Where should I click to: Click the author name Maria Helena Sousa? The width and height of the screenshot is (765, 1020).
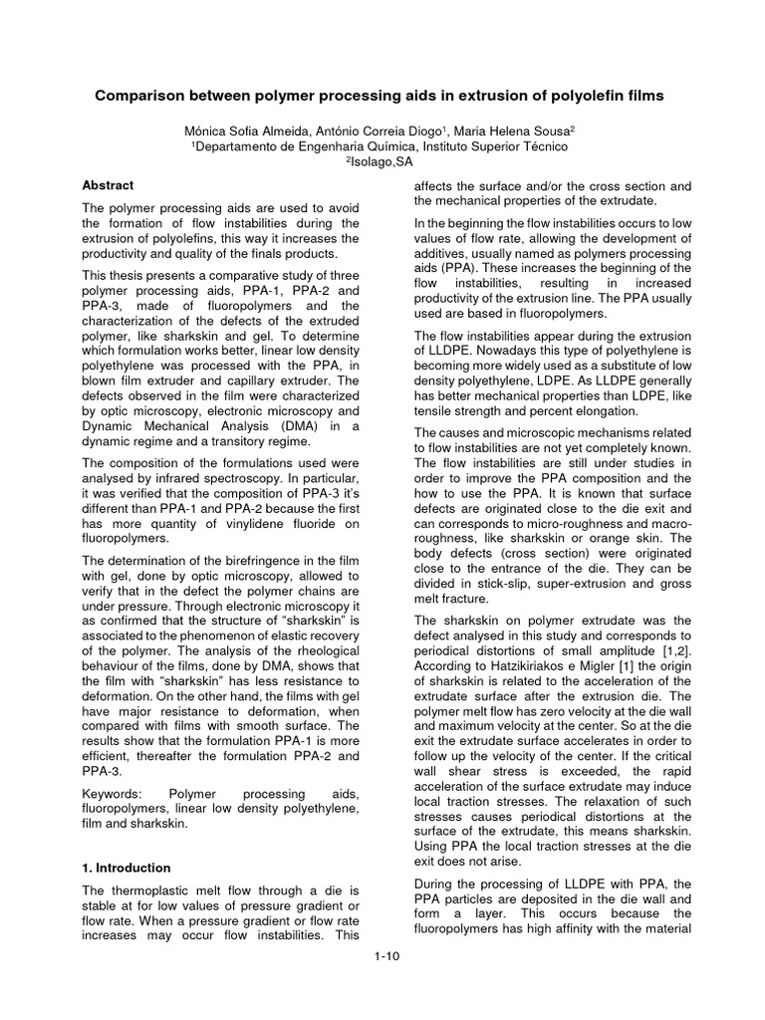tap(510, 130)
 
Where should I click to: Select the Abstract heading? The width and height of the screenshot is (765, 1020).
tap(108, 185)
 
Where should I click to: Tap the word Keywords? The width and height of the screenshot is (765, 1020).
tap(113, 792)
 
